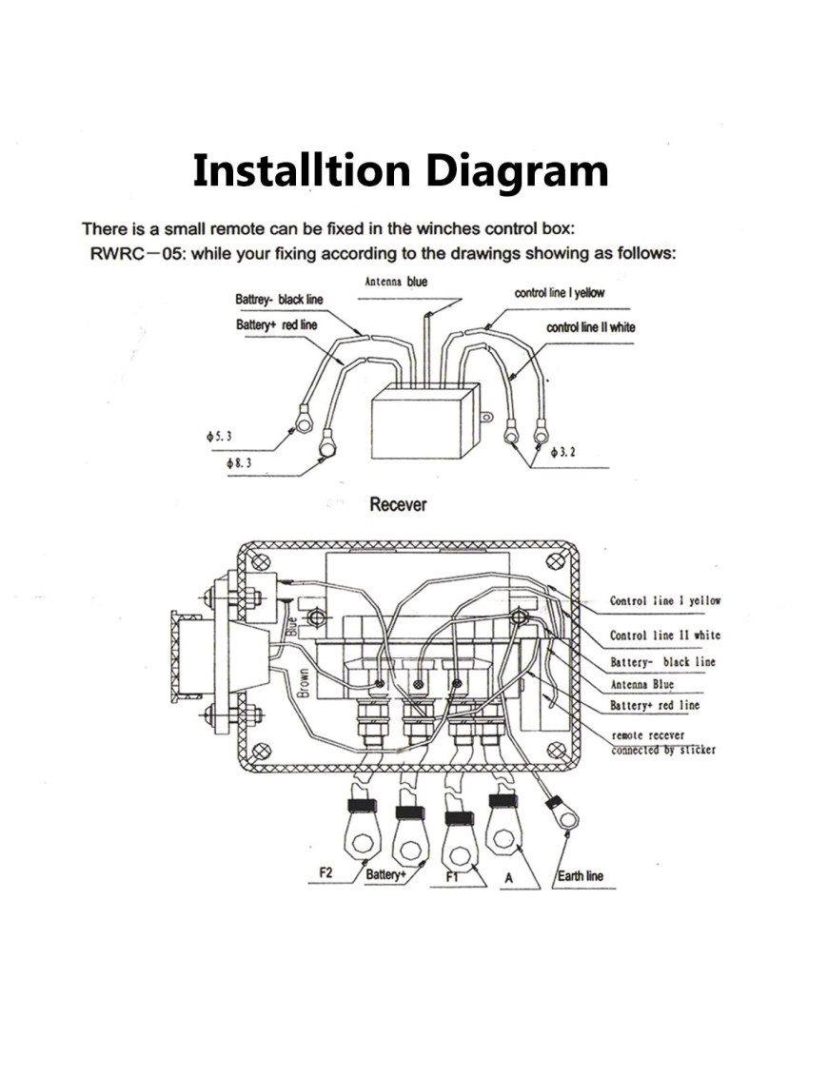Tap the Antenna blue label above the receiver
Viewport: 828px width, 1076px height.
pos(396,282)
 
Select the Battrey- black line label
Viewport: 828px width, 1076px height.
pos(279,300)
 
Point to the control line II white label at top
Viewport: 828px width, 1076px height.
pos(590,327)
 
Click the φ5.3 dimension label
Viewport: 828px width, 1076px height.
pos(218,435)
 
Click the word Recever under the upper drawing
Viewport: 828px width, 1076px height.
pos(398,504)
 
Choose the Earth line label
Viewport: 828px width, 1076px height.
pos(581,876)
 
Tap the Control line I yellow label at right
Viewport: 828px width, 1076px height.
pos(665,601)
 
